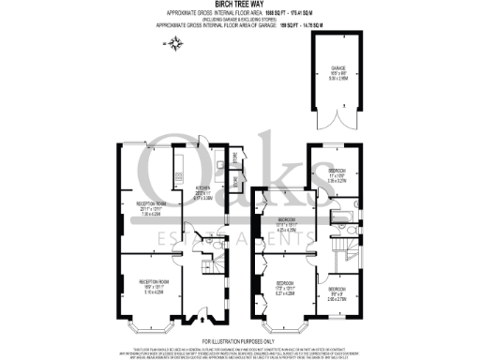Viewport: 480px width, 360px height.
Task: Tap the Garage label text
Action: pos(338,71)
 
